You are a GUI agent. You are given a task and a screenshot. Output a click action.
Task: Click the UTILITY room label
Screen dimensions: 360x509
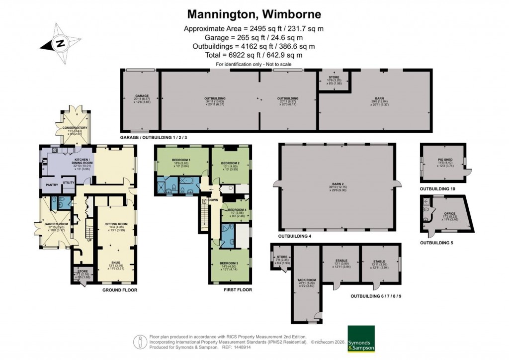[x=68, y=183]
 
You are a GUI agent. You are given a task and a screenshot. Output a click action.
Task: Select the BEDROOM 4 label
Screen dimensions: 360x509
[x=237, y=210]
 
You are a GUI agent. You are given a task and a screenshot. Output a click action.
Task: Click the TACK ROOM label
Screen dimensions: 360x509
[x=306, y=280]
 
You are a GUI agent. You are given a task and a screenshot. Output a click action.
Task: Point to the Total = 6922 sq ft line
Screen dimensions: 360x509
[x=254, y=55]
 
